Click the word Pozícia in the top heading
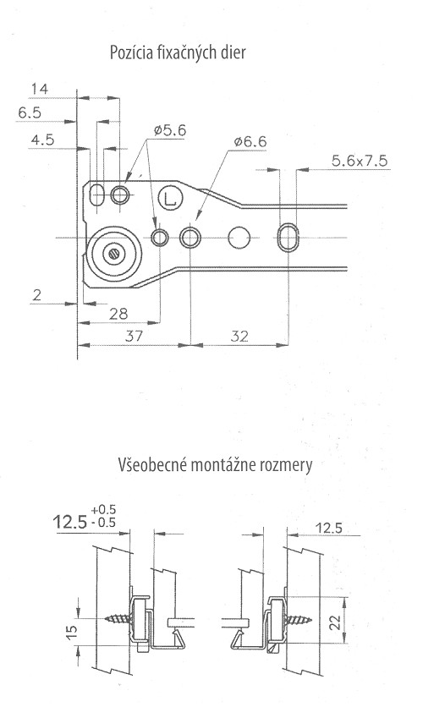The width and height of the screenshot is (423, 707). click(x=131, y=52)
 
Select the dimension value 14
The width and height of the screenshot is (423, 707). click(x=39, y=89)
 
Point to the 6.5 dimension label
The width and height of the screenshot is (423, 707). click(x=30, y=112)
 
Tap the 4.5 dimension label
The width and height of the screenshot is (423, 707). click(x=42, y=140)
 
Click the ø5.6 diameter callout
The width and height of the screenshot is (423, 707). click(x=169, y=131)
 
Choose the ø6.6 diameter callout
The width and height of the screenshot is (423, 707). click(x=250, y=141)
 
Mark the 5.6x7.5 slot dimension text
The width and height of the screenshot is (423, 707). click(x=360, y=161)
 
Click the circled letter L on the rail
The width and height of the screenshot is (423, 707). click(x=170, y=199)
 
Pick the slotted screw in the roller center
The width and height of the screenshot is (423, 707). click(x=113, y=254)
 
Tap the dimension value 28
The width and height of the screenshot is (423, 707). click(x=118, y=314)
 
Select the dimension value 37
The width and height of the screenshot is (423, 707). click(x=134, y=336)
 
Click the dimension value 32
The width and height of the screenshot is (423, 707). click(x=239, y=337)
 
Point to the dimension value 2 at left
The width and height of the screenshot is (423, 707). click(x=37, y=295)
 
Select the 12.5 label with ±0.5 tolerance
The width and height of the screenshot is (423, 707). click(x=70, y=522)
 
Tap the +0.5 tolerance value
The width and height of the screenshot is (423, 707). click(x=103, y=510)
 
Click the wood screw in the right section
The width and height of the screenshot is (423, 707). click(x=297, y=618)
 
